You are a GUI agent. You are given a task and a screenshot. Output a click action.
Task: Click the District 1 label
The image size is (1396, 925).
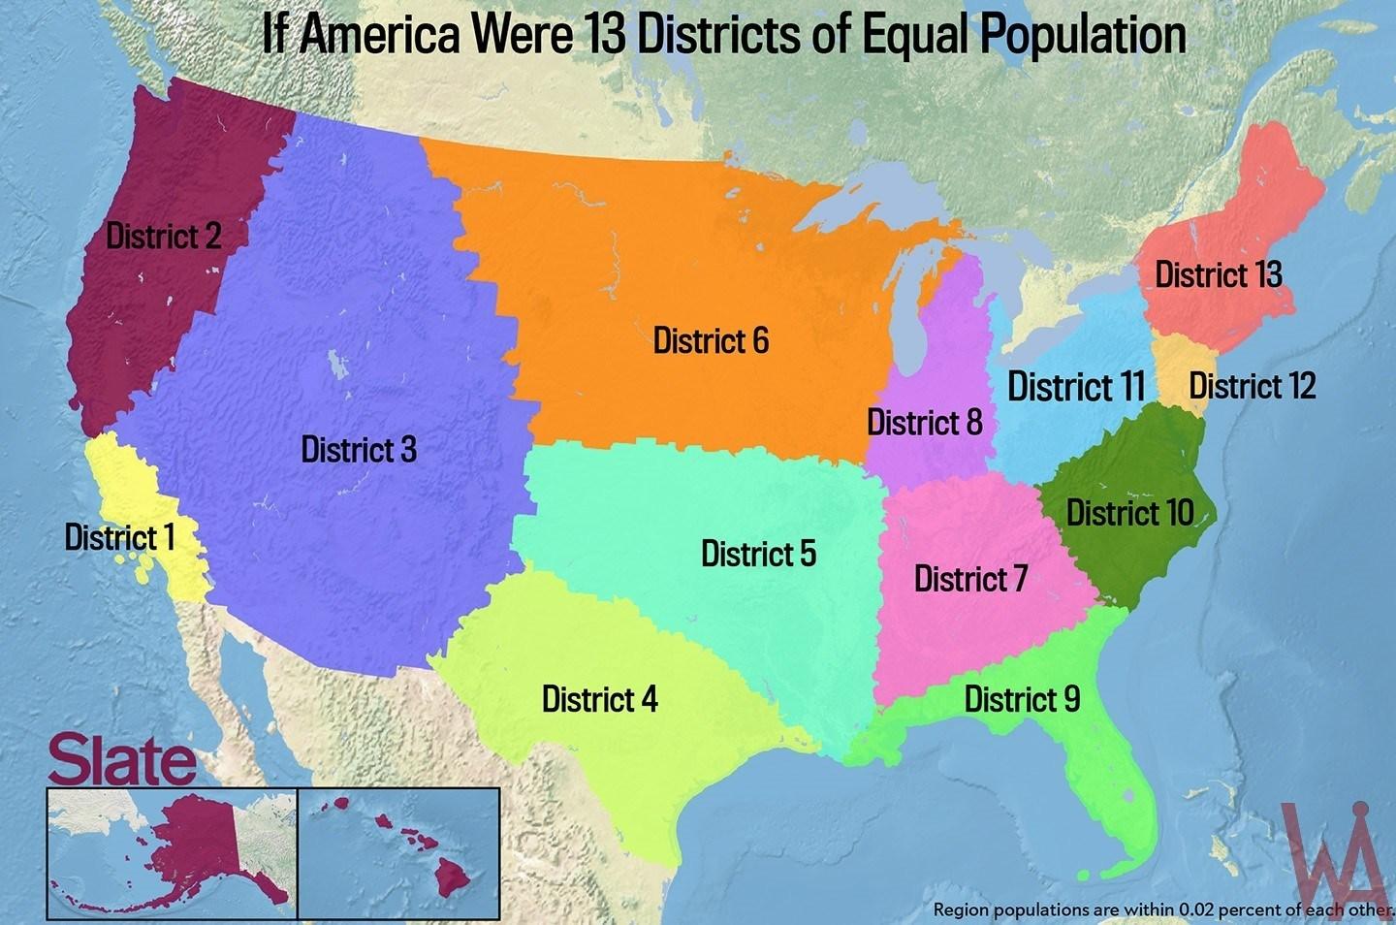tap(119, 536)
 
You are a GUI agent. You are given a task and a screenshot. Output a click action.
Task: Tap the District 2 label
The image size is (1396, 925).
tap(163, 236)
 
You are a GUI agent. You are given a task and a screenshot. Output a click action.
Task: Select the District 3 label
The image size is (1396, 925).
tap(359, 449)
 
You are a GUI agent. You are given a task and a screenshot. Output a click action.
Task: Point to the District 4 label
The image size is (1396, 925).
tap(599, 698)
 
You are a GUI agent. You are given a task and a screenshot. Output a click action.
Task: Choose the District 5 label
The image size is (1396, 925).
tap(758, 554)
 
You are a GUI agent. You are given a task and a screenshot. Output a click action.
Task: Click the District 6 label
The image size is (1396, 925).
tap(711, 340)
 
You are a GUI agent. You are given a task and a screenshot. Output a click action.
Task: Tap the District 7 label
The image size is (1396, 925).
tap(970, 579)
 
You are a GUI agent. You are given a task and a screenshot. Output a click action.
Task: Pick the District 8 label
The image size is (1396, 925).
tap(924, 423)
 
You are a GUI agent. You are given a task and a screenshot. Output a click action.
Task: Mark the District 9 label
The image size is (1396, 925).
tap(1022, 698)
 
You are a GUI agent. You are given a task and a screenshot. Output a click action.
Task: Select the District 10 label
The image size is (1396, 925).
tap(1129, 512)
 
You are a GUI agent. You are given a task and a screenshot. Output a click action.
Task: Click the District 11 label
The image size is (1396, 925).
tap(1076, 387)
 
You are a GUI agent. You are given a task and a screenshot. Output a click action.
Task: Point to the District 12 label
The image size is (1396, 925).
tap(1252, 386)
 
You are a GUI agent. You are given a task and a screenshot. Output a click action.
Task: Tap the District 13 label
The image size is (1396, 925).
tap(1219, 274)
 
